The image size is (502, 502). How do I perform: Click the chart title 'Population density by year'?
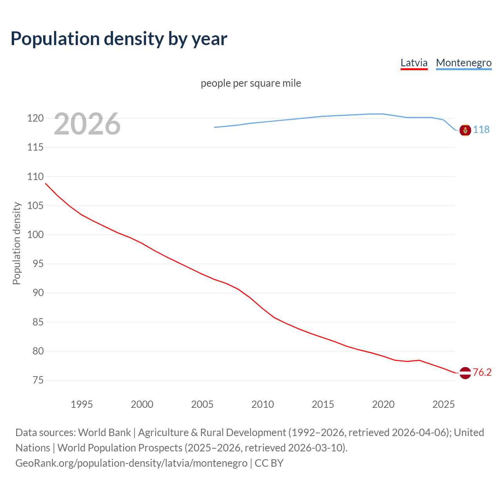click(119, 39)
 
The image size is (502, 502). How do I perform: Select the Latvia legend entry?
click(414, 63)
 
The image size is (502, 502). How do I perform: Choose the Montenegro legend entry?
click(464, 63)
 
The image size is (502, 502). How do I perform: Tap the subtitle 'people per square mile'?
click(251, 83)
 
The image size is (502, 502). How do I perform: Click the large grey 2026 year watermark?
click(87, 124)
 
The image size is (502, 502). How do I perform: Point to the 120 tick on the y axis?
click(35, 118)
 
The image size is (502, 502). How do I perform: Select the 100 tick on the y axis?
click(35, 235)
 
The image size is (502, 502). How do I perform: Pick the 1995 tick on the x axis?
click(82, 404)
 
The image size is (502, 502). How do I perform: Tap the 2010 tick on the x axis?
click(262, 404)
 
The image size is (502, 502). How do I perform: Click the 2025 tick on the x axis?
click(443, 404)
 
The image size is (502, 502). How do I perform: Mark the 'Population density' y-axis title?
click(16, 243)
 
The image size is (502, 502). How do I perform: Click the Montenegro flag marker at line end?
click(465, 130)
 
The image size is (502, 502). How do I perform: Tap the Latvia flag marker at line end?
click(465, 373)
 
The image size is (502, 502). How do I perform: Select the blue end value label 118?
click(481, 129)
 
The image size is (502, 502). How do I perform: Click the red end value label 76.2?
click(482, 372)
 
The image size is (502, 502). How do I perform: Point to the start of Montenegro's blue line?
click(215, 127)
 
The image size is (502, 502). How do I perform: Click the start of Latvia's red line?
click(46, 184)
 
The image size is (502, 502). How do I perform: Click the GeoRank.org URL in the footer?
click(131, 463)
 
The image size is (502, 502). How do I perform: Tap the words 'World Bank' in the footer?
click(104, 433)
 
